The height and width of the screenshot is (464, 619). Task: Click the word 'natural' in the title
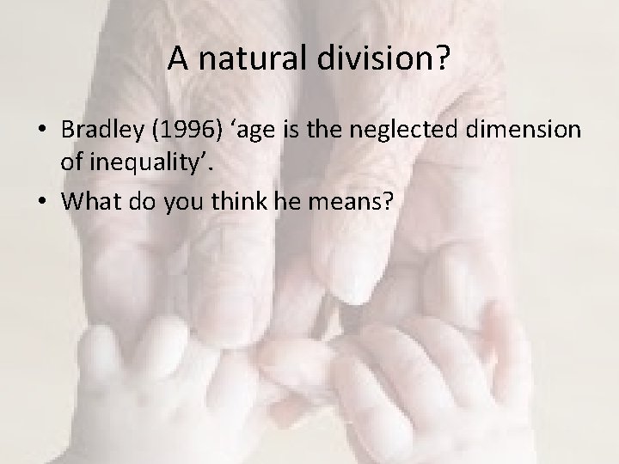[239, 59]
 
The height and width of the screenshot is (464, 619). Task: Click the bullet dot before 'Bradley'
[42, 131]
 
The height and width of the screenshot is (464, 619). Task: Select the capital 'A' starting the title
[178, 59]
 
